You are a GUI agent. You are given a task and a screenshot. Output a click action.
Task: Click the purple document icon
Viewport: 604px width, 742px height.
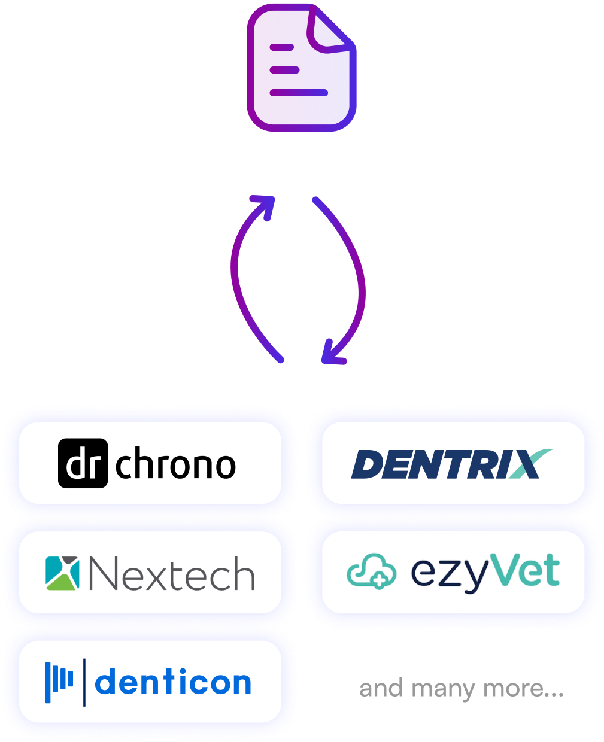point(301,72)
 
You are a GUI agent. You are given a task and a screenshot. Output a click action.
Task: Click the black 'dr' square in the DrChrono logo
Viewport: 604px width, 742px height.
point(83,463)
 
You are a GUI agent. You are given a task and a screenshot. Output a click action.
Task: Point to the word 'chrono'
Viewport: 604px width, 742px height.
point(175,464)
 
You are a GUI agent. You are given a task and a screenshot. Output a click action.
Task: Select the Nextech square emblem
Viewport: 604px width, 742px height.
point(62,573)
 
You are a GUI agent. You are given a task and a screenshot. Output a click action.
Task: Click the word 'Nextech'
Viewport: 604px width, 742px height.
point(171,574)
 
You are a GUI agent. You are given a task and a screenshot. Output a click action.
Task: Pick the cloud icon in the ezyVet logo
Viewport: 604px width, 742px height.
point(371,571)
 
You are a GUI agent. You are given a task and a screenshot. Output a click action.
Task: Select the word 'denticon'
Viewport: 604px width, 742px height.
point(173,683)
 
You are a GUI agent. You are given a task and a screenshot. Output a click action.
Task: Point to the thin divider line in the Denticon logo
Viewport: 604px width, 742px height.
point(84,682)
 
